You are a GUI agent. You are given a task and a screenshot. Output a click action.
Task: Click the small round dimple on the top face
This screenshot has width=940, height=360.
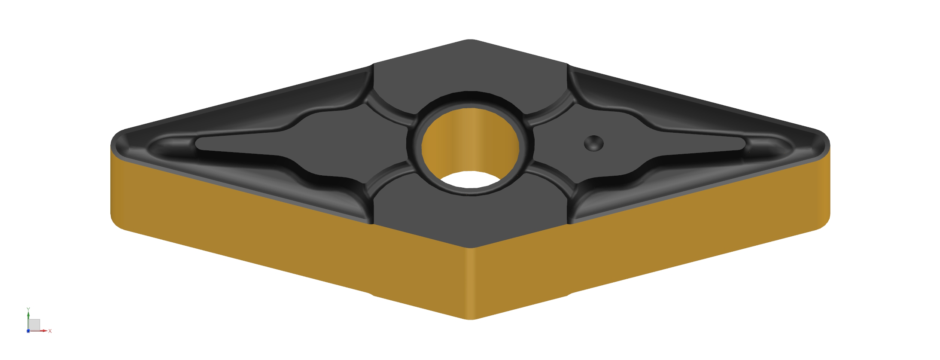[594, 143]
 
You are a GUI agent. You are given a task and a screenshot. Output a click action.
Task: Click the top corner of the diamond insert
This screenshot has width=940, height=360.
[471, 40]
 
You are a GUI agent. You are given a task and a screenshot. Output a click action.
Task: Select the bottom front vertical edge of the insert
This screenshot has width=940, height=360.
[471, 284]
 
